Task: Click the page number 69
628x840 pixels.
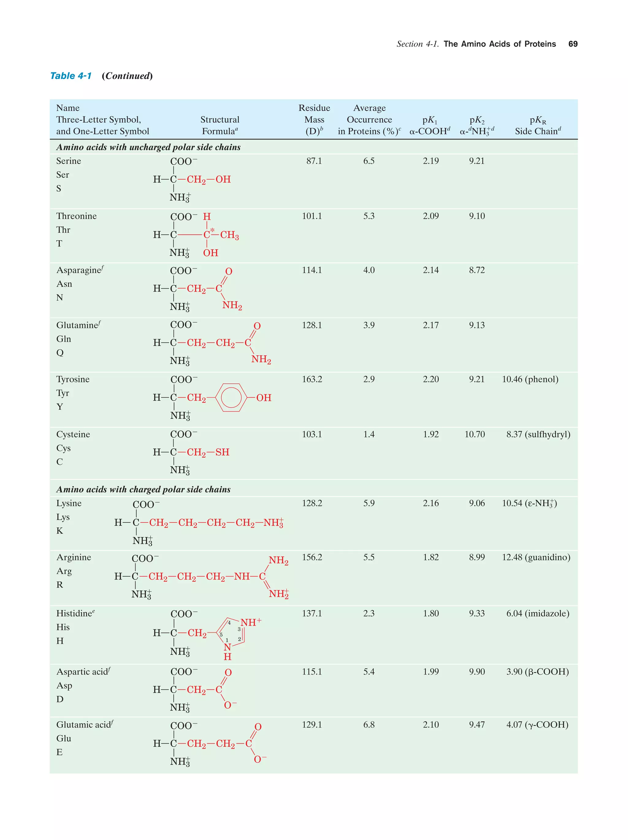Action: point(572,44)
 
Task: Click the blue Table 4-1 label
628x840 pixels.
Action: point(71,76)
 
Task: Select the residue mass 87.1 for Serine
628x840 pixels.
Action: point(314,161)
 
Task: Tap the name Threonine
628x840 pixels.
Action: point(76,216)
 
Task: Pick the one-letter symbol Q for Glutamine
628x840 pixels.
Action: point(60,353)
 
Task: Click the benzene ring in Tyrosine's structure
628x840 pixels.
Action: point(231,397)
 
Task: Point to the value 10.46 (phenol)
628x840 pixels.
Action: point(530,379)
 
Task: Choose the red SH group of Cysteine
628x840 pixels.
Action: point(222,452)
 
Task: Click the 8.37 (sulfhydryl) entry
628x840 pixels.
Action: point(538,435)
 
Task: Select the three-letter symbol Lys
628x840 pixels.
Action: point(63,517)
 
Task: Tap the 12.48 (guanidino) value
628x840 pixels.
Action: point(536,557)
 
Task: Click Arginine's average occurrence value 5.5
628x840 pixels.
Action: point(369,557)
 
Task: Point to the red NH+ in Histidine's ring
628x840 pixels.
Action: point(250,622)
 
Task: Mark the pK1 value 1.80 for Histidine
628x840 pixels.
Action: point(431,614)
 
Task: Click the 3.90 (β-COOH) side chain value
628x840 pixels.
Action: point(537,672)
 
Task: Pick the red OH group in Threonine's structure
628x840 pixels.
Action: point(210,253)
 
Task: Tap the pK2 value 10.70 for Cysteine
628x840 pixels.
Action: point(474,435)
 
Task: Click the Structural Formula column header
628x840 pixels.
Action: point(220,125)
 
